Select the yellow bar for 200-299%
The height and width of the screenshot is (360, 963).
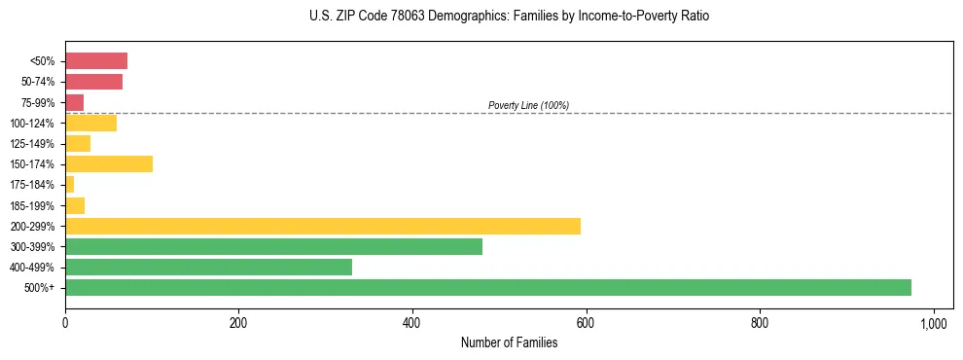point(322,226)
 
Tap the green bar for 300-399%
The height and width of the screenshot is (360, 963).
point(273,247)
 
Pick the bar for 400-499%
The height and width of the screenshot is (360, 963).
point(208,268)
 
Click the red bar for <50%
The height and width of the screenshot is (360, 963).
point(96,61)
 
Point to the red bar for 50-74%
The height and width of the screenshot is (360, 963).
point(93,82)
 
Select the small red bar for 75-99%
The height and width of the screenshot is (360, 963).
point(75,102)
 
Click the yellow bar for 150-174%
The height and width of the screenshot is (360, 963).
point(109,164)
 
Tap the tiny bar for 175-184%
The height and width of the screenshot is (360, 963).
point(70,185)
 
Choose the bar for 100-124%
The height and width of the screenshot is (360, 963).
point(90,123)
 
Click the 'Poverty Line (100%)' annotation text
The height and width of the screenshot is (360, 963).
point(528,105)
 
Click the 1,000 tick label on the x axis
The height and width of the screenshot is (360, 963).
point(934,323)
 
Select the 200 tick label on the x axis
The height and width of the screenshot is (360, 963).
point(238,323)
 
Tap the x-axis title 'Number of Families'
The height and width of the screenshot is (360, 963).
point(509,343)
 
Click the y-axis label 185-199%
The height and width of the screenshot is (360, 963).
point(34,205)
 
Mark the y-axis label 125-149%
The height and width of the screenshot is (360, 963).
point(34,144)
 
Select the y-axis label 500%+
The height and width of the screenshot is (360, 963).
point(41,288)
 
